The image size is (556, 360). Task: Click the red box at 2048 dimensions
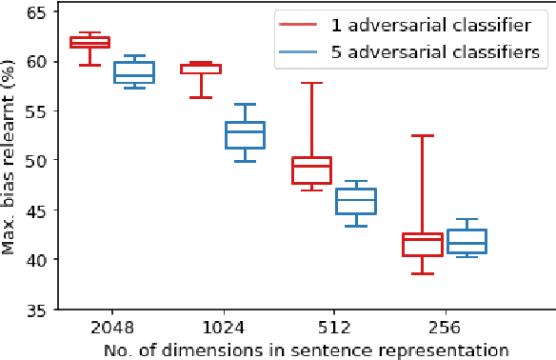pyautogui.click(x=89, y=42)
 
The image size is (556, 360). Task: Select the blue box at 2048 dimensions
pyautogui.click(x=134, y=72)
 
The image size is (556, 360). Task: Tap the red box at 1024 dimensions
pyautogui.click(x=200, y=69)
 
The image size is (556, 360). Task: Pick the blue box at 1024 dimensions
pyautogui.click(x=245, y=134)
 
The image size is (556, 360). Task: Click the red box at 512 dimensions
pyautogui.click(x=310, y=170)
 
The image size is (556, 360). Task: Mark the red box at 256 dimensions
pyautogui.click(x=421, y=244)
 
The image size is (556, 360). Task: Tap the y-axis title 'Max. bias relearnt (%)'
pyautogui.click(x=10, y=159)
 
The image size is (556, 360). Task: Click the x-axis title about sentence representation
pyautogui.click(x=302, y=349)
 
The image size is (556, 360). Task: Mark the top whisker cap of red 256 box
pyautogui.click(x=421, y=136)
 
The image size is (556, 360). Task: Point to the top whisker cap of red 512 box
pyautogui.click(x=310, y=83)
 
